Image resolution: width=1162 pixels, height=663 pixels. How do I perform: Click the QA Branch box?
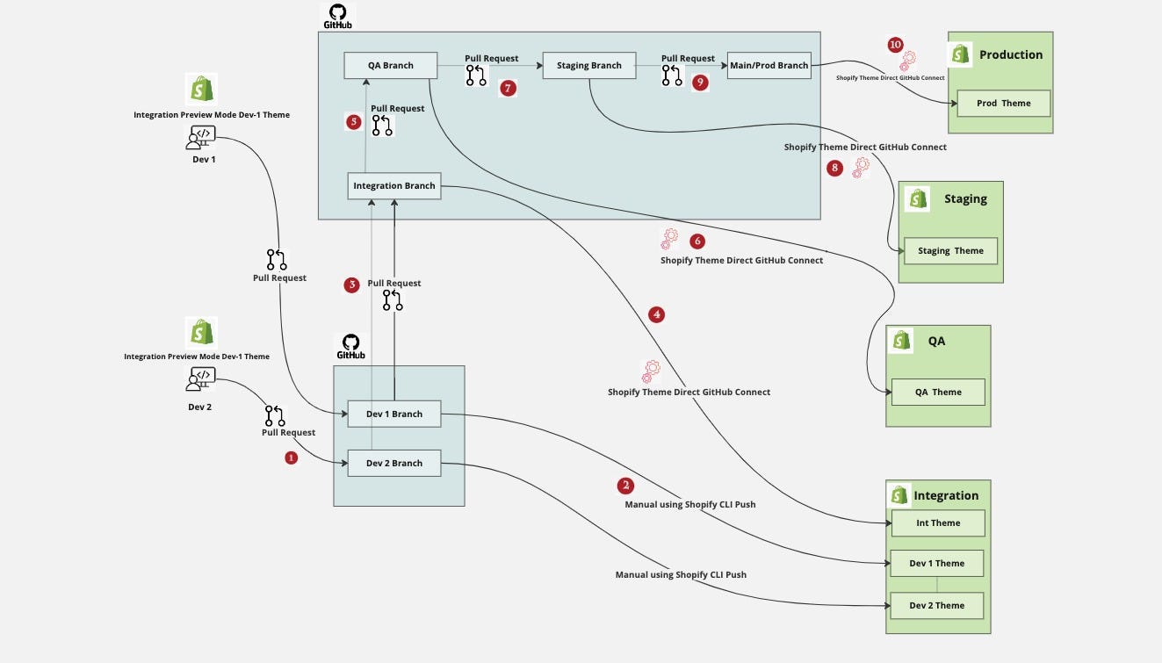tap(391, 66)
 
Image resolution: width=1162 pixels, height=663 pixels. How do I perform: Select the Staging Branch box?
tap(589, 66)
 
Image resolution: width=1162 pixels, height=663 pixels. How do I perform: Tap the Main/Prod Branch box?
tap(769, 66)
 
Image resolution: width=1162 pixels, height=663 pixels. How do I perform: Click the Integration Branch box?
tap(394, 186)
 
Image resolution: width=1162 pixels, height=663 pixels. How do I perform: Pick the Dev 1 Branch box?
tap(394, 414)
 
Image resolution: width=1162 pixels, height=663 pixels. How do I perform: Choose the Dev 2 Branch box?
tap(394, 464)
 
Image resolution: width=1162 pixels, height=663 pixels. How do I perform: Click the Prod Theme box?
tap(1003, 104)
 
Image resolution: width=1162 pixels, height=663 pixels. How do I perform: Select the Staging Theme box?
tap(950, 251)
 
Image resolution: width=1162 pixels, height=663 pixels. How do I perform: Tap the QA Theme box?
tap(938, 393)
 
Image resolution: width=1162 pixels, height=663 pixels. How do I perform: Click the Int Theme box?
tap(938, 523)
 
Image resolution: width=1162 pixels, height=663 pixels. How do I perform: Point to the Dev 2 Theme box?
tap(936, 606)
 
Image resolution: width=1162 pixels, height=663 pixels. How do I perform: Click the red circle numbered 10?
tap(895, 44)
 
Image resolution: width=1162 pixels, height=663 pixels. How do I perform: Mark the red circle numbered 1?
tap(292, 458)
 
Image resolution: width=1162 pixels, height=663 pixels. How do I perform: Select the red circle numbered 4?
tap(656, 314)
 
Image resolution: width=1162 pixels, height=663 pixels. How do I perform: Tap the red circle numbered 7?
tap(507, 87)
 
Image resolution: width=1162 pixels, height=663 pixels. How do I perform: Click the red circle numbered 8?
tap(834, 169)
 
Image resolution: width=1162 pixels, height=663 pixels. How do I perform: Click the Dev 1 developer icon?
tap(201, 137)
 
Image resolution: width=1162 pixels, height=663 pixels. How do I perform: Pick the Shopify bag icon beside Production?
tap(962, 54)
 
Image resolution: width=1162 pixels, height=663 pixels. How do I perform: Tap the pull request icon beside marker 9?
tap(672, 76)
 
